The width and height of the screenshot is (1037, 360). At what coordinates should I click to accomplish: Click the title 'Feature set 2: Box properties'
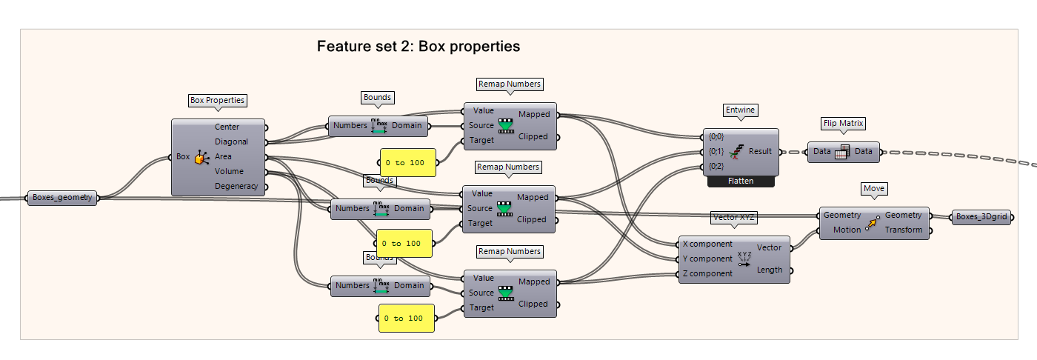(419, 46)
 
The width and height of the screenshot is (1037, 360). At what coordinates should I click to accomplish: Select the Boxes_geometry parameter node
(61, 198)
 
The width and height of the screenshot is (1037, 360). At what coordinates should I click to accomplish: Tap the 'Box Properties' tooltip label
(217, 100)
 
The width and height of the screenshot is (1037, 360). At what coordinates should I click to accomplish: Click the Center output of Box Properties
(227, 127)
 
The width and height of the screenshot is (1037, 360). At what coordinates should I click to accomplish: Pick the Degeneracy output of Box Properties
(236, 186)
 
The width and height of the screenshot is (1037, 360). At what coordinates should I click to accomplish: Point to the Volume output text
(230, 171)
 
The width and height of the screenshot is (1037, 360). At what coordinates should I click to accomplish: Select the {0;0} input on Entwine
(716, 136)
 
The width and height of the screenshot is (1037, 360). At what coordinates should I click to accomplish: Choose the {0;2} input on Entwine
(716, 166)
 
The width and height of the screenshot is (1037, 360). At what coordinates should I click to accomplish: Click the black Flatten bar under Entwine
(741, 181)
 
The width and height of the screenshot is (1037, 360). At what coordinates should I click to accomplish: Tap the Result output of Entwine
(760, 151)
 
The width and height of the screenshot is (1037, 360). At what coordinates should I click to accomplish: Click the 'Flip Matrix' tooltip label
(843, 123)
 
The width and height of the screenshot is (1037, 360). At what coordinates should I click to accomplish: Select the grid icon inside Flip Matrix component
(843, 152)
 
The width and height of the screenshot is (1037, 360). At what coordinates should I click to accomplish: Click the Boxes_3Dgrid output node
(981, 217)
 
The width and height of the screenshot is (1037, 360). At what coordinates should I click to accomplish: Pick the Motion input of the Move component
(847, 230)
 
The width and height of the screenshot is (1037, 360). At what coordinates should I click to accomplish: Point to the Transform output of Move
(904, 230)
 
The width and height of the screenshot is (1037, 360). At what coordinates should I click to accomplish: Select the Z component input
(707, 273)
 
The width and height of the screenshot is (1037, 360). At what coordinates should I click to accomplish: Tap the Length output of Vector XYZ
(769, 270)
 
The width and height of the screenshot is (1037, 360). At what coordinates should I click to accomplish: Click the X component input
(707, 244)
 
